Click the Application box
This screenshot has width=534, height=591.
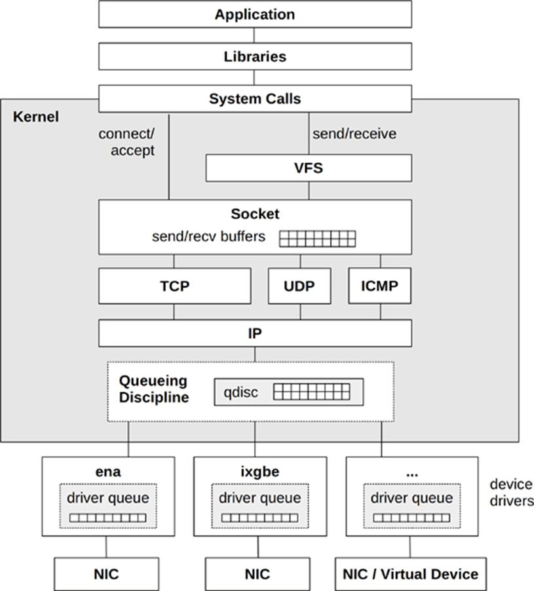click(x=255, y=14)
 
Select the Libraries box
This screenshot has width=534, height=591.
click(x=255, y=56)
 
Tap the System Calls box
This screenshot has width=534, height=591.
click(x=255, y=98)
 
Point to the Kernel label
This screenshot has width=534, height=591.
click(x=36, y=117)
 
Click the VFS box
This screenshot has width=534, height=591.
click(x=309, y=168)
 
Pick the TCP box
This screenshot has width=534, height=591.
click(x=175, y=286)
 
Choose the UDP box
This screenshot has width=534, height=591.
click(x=299, y=286)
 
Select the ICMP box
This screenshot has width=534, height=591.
click(x=380, y=286)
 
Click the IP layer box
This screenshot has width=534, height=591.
click(x=255, y=334)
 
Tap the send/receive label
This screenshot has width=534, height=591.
click(x=354, y=134)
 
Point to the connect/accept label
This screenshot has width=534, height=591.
click(x=126, y=142)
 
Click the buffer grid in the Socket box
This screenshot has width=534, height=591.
click(x=317, y=238)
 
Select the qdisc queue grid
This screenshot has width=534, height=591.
click(x=311, y=392)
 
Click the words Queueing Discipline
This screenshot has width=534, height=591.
click(x=154, y=389)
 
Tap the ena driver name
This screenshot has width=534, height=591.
click(x=108, y=472)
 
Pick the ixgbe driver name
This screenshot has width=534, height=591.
click(x=260, y=472)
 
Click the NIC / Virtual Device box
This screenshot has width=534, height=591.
click(x=411, y=574)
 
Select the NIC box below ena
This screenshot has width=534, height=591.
click(x=107, y=574)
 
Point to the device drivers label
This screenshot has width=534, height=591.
click(x=511, y=492)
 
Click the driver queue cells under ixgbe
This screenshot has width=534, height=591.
click(x=259, y=518)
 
